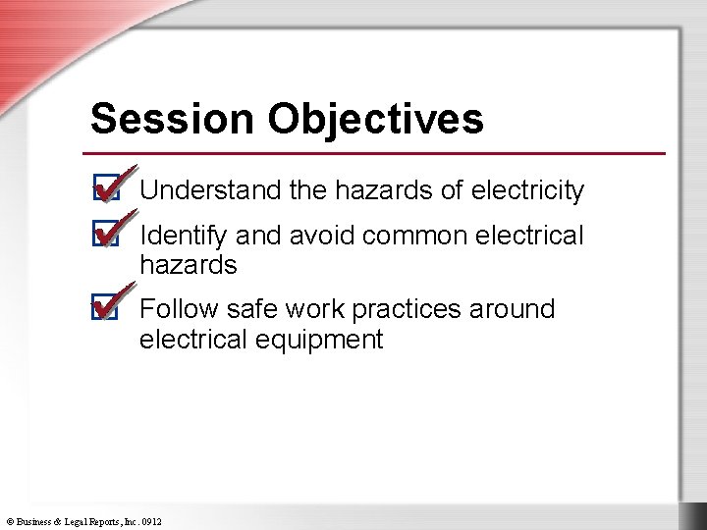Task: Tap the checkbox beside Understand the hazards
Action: click(105, 189)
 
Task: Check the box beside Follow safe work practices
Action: click(105, 310)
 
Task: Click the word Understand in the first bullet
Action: click(210, 190)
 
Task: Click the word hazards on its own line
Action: click(189, 265)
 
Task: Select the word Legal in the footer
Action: click(80, 520)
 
